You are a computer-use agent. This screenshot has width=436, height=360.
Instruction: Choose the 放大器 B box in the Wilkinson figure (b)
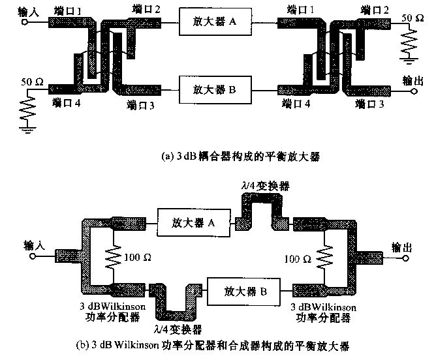click(x=243, y=290)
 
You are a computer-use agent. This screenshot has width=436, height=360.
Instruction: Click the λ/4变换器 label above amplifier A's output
click(x=260, y=187)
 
